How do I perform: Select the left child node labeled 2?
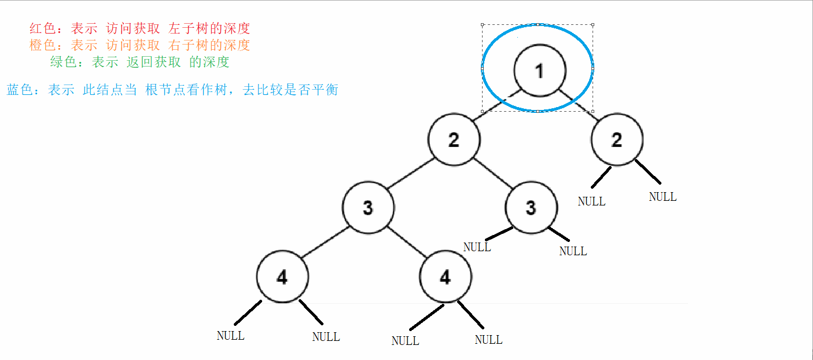(x=454, y=140)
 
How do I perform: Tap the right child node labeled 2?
(x=617, y=140)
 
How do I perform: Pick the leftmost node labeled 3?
(x=368, y=208)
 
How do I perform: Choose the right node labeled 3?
(x=531, y=208)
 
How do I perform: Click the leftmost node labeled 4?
(x=282, y=278)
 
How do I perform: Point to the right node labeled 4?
(x=445, y=278)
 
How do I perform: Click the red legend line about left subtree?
(x=139, y=28)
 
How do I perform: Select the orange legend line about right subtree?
(x=139, y=45)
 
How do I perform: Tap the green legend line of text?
(x=139, y=62)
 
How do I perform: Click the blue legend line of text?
(x=172, y=90)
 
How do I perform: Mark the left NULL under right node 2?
(x=591, y=201)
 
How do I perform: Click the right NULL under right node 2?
(x=663, y=197)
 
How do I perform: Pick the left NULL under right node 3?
(x=477, y=247)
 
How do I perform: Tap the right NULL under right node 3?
(x=573, y=251)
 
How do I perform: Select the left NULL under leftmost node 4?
(x=230, y=336)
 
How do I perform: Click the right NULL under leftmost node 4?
(x=326, y=337)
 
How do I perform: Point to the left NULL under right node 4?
(x=405, y=341)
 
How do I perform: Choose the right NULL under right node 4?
(x=488, y=340)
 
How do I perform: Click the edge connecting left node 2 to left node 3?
(x=410, y=174)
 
